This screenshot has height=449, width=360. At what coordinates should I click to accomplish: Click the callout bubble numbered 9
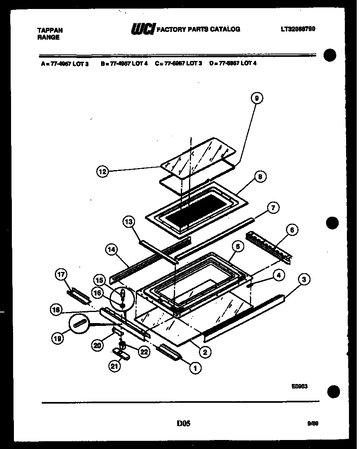(x=256, y=98)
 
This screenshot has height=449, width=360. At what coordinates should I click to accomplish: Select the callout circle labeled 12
(x=103, y=172)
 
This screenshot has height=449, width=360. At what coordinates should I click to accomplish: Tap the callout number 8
(x=260, y=177)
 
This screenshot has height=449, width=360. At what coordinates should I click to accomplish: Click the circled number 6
(x=292, y=230)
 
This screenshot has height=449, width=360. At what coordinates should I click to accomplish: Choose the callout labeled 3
(x=304, y=280)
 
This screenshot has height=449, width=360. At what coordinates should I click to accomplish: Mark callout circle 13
(x=128, y=222)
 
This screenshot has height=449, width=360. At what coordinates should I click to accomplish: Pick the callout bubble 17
(x=61, y=276)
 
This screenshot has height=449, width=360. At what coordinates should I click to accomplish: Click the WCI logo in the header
(x=142, y=29)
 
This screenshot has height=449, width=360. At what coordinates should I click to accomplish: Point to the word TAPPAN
(x=50, y=30)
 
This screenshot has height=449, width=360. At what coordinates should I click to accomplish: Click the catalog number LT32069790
(x=298, y=29)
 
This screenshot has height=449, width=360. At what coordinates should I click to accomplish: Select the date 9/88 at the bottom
(x=313, y=424)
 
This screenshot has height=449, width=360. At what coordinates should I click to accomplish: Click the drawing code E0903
(x=300, y=386)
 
